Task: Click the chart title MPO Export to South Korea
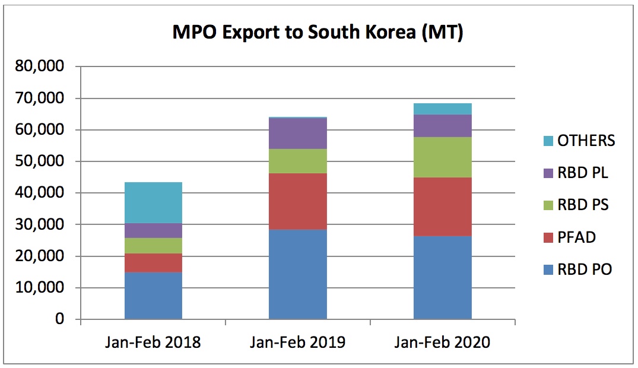318,32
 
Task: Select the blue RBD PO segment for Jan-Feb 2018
153,296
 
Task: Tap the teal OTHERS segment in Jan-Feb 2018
153,202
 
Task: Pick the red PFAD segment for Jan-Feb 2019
297,201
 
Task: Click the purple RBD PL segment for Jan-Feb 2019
297,133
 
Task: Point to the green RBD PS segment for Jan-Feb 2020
442,157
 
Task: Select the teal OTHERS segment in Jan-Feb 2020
442,109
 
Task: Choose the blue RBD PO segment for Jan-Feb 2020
442,277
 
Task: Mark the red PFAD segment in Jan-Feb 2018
153,262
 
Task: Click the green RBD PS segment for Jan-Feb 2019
297,161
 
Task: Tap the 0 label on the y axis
59,319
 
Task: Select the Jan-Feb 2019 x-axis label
297,343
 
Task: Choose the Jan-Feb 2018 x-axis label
153,343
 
